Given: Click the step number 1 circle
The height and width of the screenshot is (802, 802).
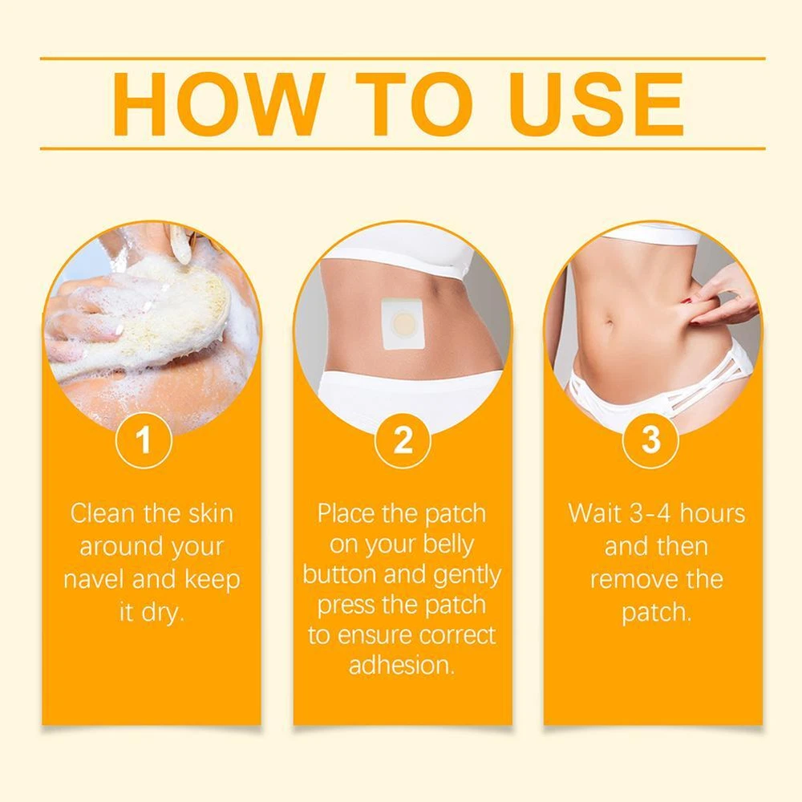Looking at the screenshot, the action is pyautogui.click(x=144, y=439).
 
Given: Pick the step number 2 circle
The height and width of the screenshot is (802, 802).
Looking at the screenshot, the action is pyautogui.click(x=403, y=439).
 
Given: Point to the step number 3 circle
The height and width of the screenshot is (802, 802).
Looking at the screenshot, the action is pyautogui.click(x=650, y=439).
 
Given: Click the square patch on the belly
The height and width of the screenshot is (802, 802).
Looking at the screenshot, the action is pyautogui.click(x=402, y=324).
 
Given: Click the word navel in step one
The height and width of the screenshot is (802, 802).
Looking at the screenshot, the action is pyautogui.click(x=94, y=580).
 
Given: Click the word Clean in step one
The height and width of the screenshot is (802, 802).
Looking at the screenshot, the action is pyautogui.click(x=103, y=513).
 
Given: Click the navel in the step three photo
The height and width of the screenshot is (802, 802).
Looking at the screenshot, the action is pyautogui.click(x=610, y=322).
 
